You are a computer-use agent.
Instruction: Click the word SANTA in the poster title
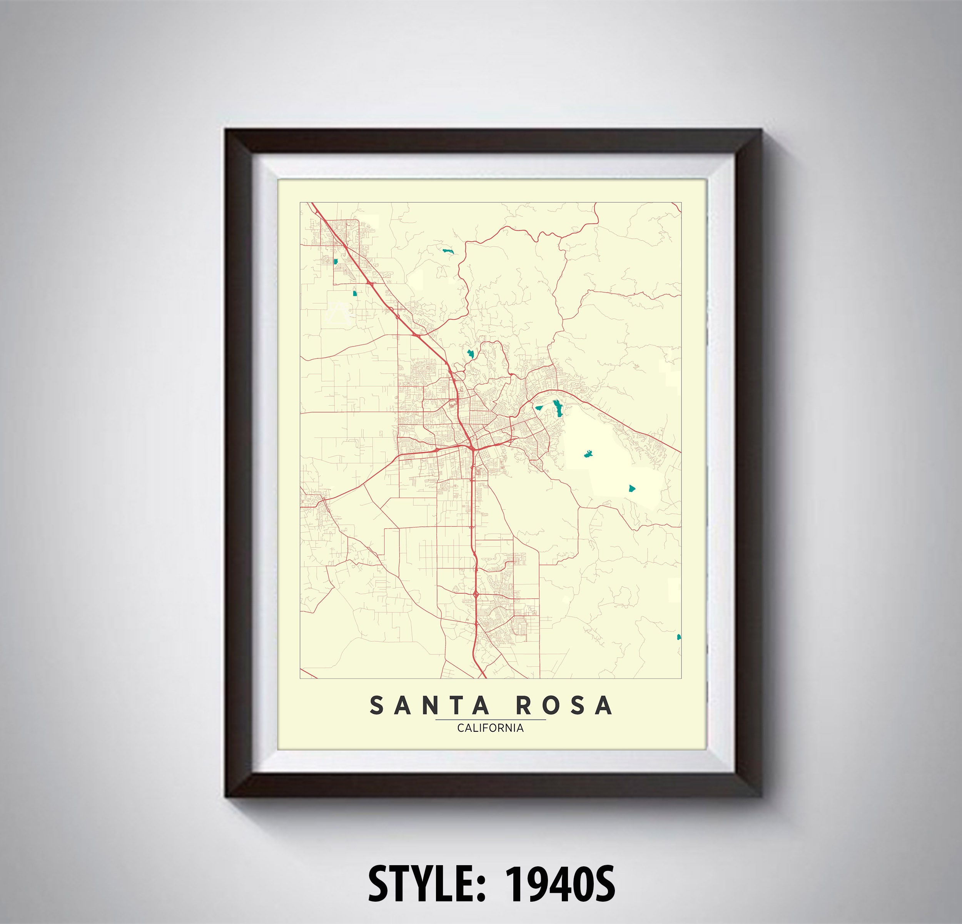[429, 706]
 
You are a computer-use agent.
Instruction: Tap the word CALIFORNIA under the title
[490, 728]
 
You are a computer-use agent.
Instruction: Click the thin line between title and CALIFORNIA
[490, 719]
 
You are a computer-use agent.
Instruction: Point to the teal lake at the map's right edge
[679, 637]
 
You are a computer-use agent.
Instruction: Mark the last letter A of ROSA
[605, 706]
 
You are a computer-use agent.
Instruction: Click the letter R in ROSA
[524, 706]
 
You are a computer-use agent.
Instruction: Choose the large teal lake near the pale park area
[556, 408]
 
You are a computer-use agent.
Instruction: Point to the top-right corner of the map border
[681, 203]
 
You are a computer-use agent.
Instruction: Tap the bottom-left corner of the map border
[300, 678]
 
